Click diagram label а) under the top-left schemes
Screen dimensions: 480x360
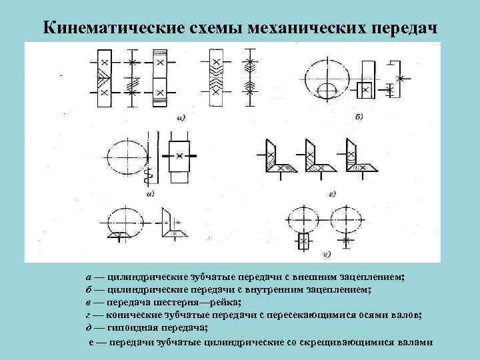tap(181, 119)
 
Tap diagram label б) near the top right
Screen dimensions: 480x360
tap(358, 117)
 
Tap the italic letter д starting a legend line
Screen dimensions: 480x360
tap(89, 327)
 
